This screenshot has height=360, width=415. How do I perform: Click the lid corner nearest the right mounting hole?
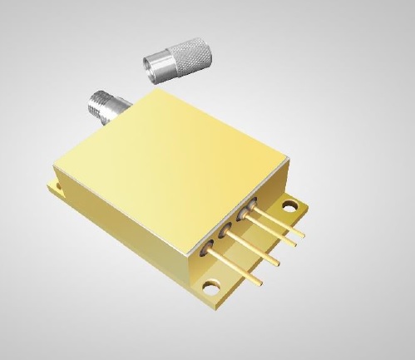288,158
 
